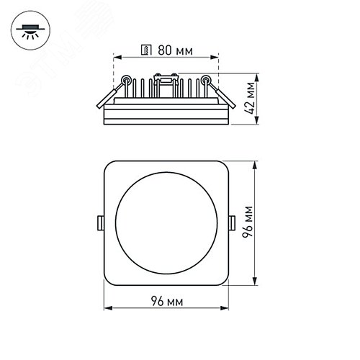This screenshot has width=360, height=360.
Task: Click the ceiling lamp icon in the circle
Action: pos(30,31)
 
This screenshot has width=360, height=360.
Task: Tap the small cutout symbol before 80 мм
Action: pos(147,51)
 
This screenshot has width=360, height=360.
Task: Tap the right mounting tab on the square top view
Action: pos(231,222)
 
